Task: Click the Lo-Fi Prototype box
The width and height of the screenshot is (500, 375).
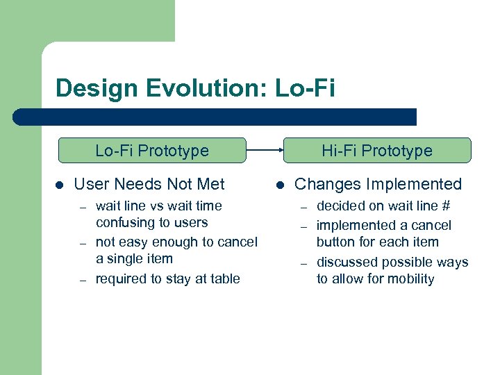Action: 152,150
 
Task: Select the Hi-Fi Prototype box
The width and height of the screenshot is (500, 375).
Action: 376,150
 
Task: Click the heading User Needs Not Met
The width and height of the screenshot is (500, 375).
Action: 149,184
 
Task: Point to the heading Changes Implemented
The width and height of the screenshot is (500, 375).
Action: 378,184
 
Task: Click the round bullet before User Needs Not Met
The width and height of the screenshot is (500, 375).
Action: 59,185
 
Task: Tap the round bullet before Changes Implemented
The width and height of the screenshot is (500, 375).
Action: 280,185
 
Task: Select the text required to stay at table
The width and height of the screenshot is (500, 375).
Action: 167,278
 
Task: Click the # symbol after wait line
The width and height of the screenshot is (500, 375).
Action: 446,206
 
